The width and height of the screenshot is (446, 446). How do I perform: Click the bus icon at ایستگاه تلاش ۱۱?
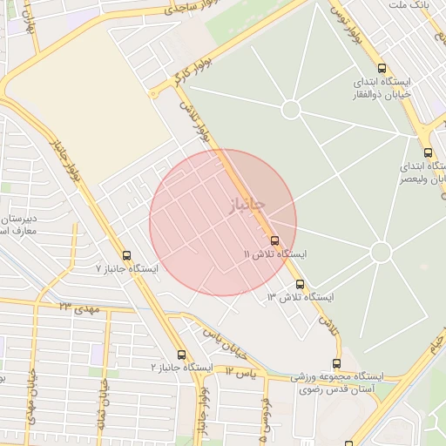[275, 240]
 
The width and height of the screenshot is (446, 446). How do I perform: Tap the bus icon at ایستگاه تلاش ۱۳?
[300, 284]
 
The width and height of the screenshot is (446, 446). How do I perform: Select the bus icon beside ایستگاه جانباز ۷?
[127, 255]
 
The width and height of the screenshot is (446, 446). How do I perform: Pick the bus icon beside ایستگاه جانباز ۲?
[181, 355]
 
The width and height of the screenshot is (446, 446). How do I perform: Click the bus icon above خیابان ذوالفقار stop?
[382, 68]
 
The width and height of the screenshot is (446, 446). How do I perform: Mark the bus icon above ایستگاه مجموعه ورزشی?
[336, 363]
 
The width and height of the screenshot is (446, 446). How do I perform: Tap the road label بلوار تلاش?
[196, 121]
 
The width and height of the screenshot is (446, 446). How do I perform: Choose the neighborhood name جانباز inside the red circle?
[246, 206]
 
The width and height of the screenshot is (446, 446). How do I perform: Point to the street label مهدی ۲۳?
[80, 308]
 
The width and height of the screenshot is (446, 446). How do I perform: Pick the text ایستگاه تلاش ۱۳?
[300, 298]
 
